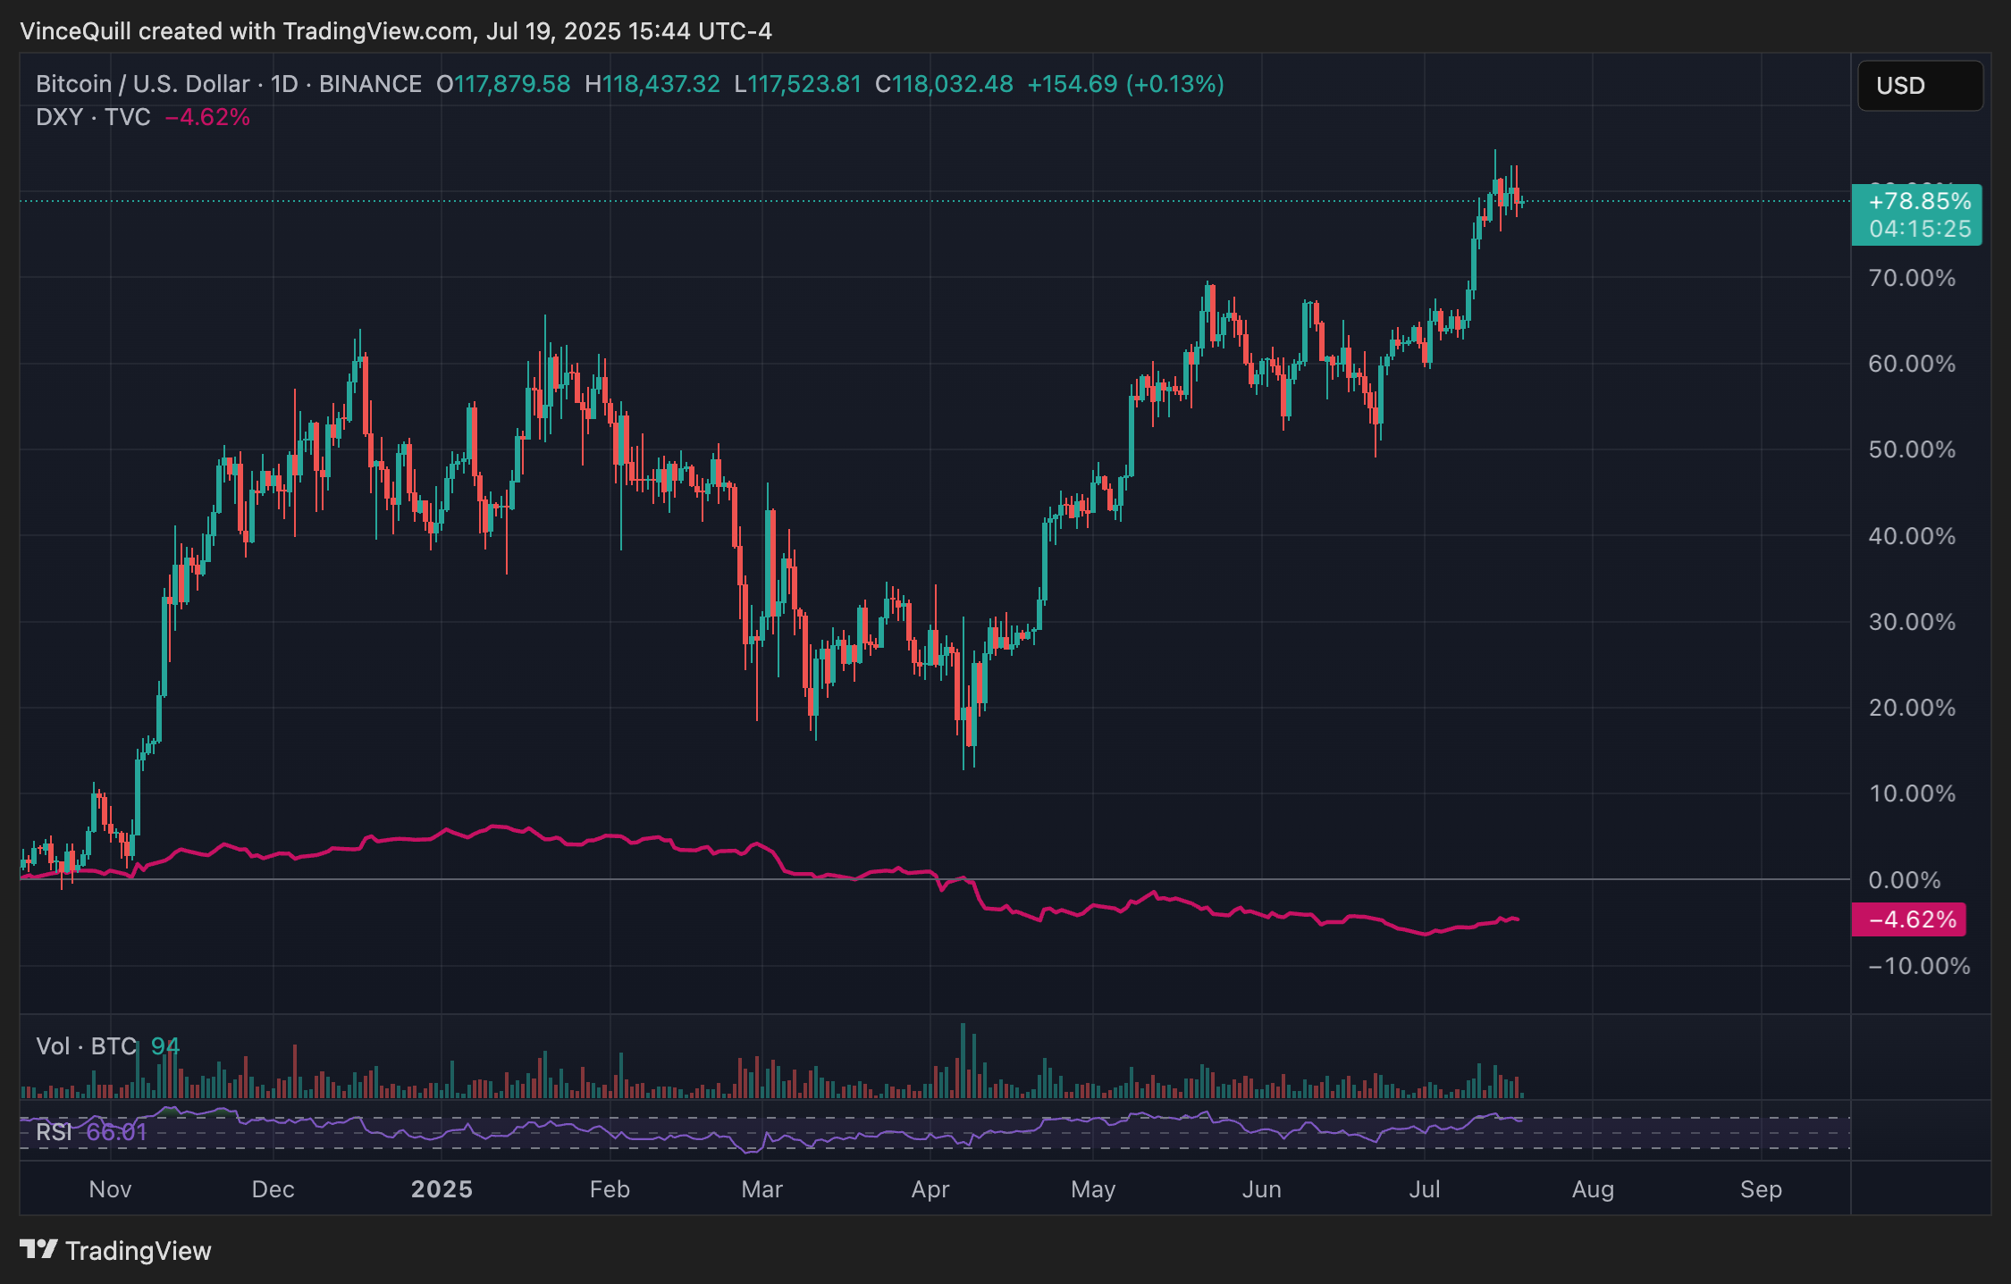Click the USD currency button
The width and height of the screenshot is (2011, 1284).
pos(1919,86)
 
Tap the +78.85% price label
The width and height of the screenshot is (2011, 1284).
pos(1919,201)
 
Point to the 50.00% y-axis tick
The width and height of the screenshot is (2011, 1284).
pos(1912,449)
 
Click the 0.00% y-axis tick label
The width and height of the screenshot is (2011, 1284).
pos(1905,880)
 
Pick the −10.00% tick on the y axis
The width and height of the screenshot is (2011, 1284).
pos(1918,966)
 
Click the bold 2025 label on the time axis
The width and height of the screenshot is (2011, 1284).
pos(442,1189)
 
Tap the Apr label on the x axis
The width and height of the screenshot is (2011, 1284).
pos(930,1189)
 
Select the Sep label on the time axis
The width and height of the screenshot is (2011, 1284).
pos(1761,1189)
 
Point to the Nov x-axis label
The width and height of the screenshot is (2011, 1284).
pos(111,1189)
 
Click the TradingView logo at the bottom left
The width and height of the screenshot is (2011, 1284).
pos(116,1250)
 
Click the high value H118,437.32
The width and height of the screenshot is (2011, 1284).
pos(652,84)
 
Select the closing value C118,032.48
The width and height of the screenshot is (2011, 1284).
pos(944,84)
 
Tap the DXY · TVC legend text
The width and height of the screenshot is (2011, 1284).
pos(93,117)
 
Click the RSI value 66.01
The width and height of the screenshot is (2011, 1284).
pos(116,1132)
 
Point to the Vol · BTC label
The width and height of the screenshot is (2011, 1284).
pos(86,1046)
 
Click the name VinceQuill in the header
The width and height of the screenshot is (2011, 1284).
pos(75,31)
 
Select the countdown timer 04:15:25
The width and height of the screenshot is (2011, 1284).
pos(1919,230)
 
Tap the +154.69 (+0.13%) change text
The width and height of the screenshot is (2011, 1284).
pos(1125,84)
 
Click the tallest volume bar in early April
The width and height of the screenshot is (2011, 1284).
pos(963,1061)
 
